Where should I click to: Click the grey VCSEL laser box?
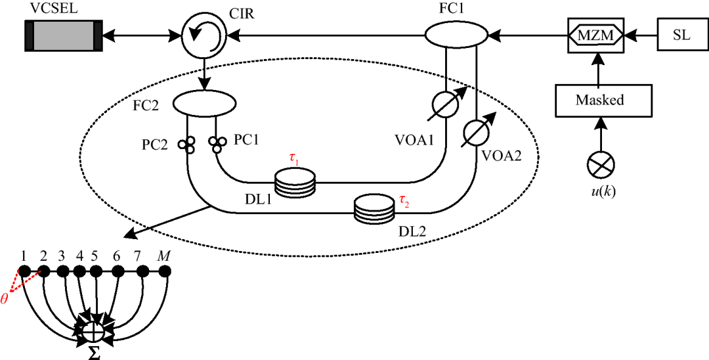(63, 35)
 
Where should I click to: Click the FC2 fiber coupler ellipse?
(204, 102)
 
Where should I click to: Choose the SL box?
(681, 35)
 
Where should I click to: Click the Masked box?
(599, 101)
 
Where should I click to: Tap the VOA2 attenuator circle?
(477, 133)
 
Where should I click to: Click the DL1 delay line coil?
(294, 182)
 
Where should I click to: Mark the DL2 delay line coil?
(373, 209)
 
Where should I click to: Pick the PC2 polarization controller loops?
(188, 144)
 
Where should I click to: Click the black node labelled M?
(165, 271)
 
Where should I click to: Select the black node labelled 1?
(25, 271)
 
